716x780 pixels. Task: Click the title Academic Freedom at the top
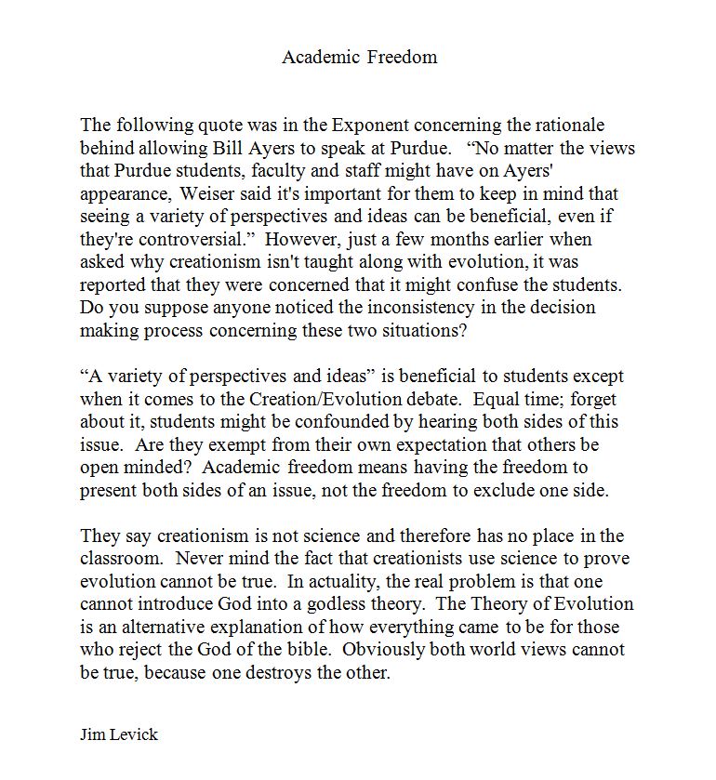click(x=359, y=57)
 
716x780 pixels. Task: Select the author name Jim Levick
click(x=119, y=734)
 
